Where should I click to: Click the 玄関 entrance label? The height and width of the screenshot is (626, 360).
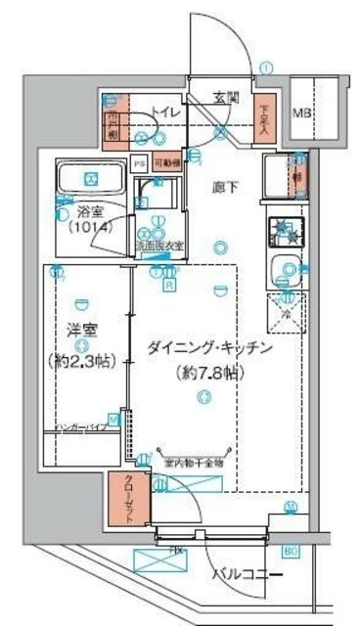pyautogui.click(x=227, y=98)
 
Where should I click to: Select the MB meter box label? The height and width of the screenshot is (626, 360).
pyautogui.click(x=303, y=112)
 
